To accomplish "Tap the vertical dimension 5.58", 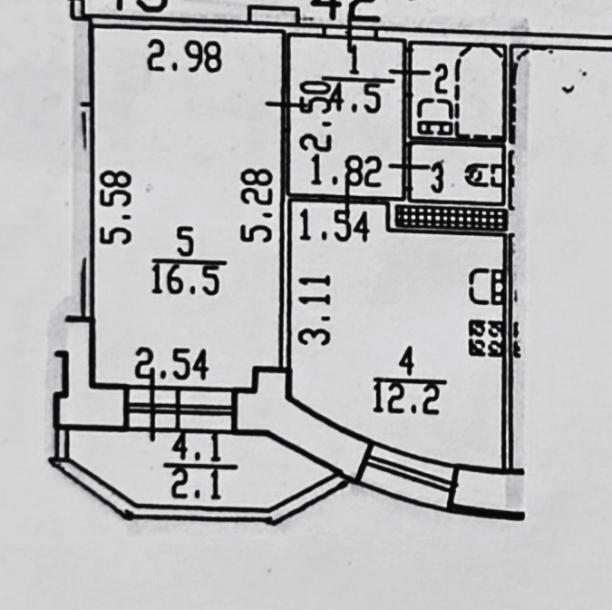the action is point(117,208).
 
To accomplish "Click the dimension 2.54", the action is point(172,367).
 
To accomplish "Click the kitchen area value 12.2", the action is point(405,398).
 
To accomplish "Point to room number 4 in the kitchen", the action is point(407,365).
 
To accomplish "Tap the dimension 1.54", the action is point(335,226).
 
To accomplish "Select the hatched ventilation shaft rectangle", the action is point(451,217).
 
